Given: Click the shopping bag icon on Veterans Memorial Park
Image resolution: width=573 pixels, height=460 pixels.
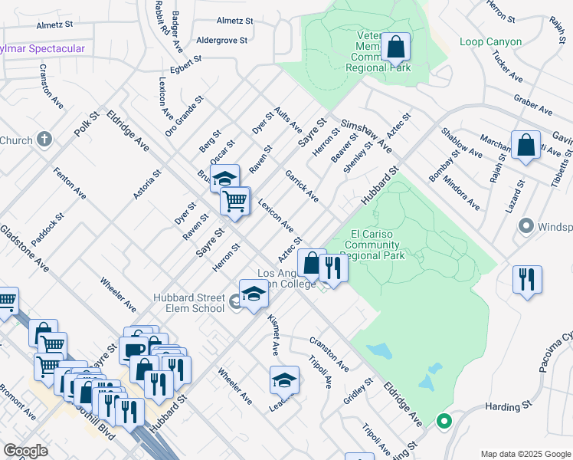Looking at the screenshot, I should click(396, 48).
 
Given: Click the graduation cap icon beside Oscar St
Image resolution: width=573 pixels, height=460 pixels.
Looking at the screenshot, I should click(225, 179).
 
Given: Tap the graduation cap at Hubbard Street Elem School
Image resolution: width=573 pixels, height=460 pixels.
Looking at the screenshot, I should click(254, 294).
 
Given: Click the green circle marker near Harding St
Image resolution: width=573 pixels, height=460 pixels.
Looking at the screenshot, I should click(443, 420).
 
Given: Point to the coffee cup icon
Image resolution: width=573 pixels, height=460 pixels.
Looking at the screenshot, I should click(135, 350).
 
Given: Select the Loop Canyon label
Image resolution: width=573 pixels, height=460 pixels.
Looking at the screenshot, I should click(491, 42).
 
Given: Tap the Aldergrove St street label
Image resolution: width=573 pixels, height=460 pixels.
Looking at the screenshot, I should click(222, 40).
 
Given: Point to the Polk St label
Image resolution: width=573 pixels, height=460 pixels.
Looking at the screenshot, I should click(87, 126).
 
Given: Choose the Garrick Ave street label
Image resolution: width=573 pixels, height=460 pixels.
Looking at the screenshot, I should click(302, 186).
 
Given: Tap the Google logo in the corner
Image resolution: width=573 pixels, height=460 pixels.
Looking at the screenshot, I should click(26, 450).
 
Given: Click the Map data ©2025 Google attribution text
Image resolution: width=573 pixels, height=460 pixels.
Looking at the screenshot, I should click(525, 454).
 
